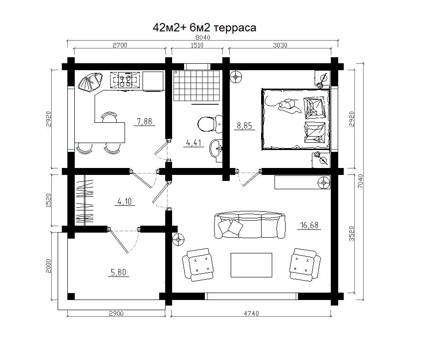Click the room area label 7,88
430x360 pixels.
click(144, 121)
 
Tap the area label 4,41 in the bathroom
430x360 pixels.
click(194, 143)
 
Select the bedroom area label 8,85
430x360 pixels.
click(245, 126)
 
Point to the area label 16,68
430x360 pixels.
click(309, 225)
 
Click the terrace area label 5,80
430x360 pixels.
click(118, 272)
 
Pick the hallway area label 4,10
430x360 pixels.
click(125, 202)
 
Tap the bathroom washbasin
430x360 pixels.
click(216, 149)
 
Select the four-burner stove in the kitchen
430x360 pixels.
click(125, 79)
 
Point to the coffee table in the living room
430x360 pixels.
click(251, 265)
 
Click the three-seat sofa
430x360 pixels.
click(250, 225)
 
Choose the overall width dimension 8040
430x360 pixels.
click(203, 37)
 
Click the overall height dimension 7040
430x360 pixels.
click(360, 181)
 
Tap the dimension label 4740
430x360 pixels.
click(251, 313)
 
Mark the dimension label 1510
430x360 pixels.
click(197, 45)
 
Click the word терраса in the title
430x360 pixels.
click(234, 28)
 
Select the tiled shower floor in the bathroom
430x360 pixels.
click(197, 85)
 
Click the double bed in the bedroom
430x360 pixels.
click(296, 119)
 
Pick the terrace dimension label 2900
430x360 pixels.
click(116, 313)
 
